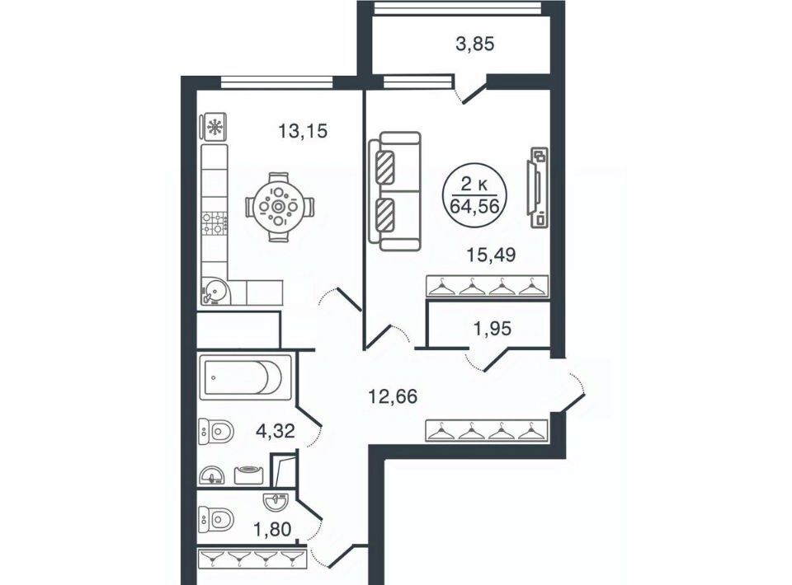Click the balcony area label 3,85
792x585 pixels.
(x=475, y=44)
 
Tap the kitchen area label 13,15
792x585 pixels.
(x=303, y=131)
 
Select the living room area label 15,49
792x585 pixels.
(x=490, y=255)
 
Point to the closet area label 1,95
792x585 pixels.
(x=492, y=329)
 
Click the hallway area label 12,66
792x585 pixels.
(x=393, y=396)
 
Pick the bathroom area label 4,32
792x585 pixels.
(x=276, y=431)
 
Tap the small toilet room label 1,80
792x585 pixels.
(x=272, y=530)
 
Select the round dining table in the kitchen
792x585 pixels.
(x=278, y=206)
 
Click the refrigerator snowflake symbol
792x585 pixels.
(x=215, y=127)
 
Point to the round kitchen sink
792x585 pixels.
(x=215, y=292)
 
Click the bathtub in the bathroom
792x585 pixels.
(x=246, y=377)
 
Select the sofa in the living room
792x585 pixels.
(x=395, y=191)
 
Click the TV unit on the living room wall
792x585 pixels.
(x=537, y=187)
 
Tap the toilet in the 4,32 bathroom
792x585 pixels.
(x=217, y=432)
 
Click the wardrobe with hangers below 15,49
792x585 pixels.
(x=488, y=287)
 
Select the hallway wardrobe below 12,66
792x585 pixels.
(x=488, y=431)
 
